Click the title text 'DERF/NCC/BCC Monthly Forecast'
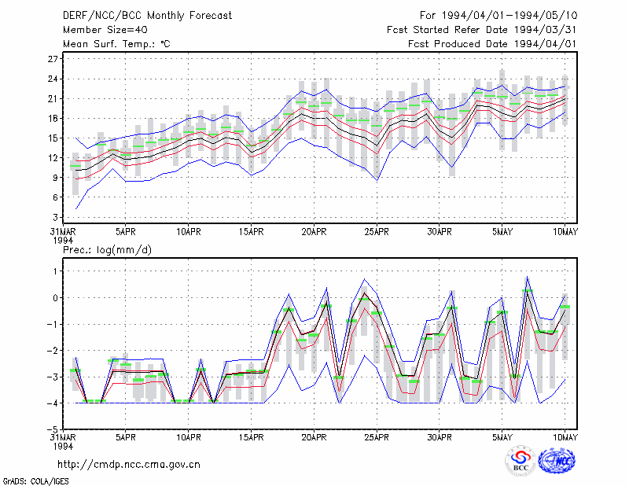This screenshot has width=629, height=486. pyautogui.click(x=147, y=16)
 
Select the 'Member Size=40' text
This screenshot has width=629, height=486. pyautogui.click(x=105, y=30)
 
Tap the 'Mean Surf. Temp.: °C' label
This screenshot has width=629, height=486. pyautogui.click(x=116, y=44)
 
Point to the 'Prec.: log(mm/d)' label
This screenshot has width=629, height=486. pyautogui.click(x=107, y=250)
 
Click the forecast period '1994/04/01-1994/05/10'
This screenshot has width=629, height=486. pyautogui.click(x=509, y=16)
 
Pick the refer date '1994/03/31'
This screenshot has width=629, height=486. pyautogui.click(x=546, y=30)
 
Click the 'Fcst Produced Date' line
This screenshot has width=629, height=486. pyautogui.click(x=493, y=44)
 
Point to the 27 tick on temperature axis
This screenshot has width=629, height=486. pyautogui.click(x=53, y=59)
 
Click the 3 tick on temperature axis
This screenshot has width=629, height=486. pyautogui.click(x=55, y=217)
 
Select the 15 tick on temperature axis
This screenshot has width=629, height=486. pyautogui.click(x=53, y=138)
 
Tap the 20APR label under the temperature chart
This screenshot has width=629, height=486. pyautogui.click(x=314, y=232)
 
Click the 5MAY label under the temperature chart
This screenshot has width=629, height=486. pyautogui.click(x=502, y=232)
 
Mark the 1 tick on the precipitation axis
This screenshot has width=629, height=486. pyautogui.click(x=55, y=271)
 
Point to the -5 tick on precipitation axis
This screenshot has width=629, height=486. pyautogui.click(x=53, y=429)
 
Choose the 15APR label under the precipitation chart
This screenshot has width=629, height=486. pyautogui.click(x=251, y=437)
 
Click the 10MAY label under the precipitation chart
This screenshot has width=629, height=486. pyautogui.click(x=565, y=437)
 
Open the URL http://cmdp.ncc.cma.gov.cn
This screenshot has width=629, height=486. pyautogui.click(x=129, y=465)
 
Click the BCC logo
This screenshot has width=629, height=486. pyautogui.click(x=520, y=461)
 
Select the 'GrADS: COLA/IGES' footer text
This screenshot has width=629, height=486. pyautogui.click(x=36, y=481)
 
